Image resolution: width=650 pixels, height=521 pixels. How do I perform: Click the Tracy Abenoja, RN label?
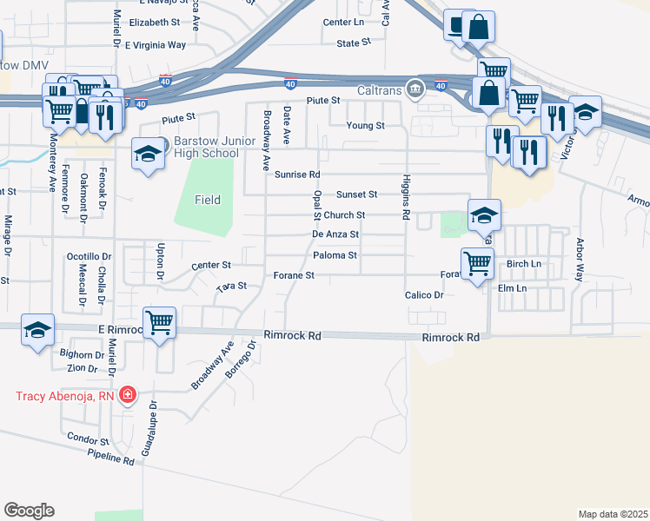coord(66,397)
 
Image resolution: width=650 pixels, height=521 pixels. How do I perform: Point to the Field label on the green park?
coord(208,200)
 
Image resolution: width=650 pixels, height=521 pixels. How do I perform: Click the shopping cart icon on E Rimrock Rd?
coord(159,323)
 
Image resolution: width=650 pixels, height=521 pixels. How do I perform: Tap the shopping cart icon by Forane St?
coord(477,262)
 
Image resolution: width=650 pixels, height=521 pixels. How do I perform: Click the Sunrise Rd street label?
coord(297,175)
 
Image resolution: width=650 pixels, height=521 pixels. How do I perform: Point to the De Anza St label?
coord(335,234)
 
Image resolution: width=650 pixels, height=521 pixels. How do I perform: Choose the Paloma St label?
coord(335,255)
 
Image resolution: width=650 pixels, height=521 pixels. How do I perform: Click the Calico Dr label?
coord(424,295)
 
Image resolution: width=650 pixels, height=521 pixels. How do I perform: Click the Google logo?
coord(29,511)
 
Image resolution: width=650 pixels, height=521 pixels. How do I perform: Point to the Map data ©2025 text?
coord(613,514)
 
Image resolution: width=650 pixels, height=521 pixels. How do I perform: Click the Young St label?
coord(366,126)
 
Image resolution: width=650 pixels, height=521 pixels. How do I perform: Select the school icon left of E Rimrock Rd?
coord(37,330)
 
